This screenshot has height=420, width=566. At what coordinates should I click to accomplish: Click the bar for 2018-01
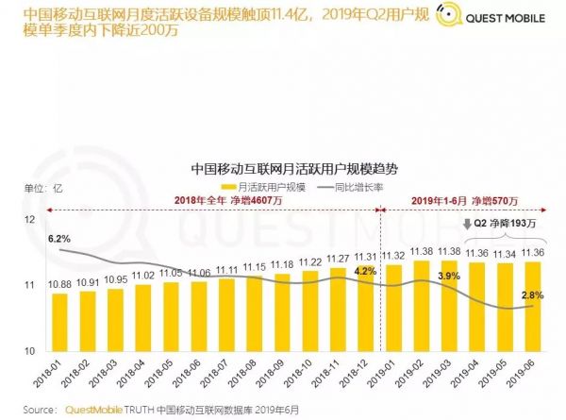pos(59,321)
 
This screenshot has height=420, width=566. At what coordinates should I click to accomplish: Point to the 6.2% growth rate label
pos(59,238)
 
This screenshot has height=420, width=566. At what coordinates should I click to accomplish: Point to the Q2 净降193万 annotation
pos(503,224)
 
